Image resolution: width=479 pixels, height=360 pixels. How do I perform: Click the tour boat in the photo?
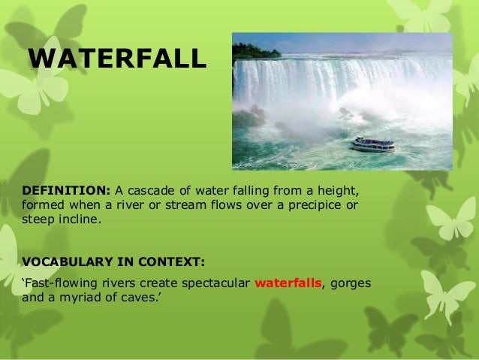tap(372, 144)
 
